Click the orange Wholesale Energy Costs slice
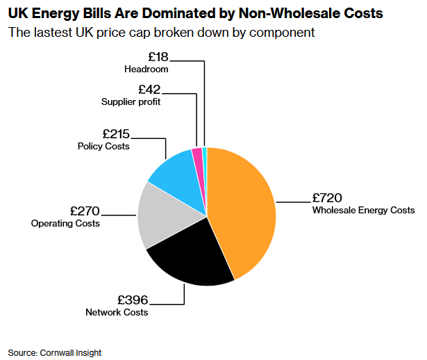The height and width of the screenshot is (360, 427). (x=243, y=208)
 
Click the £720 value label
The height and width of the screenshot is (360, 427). (x=327, y=197)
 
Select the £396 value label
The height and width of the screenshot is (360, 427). (x=132, y=300)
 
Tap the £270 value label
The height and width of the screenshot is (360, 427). (x=85, y=211)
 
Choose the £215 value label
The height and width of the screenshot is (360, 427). (x=115, y=133)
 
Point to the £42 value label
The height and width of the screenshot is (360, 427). (x=149, y=89)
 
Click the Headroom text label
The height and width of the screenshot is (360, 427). (x=146, y=69)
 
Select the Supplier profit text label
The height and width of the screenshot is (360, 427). (x=131, y=101)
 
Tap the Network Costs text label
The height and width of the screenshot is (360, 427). (x=117, y=313)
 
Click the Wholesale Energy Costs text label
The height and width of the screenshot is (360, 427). (x=363, y=210)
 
